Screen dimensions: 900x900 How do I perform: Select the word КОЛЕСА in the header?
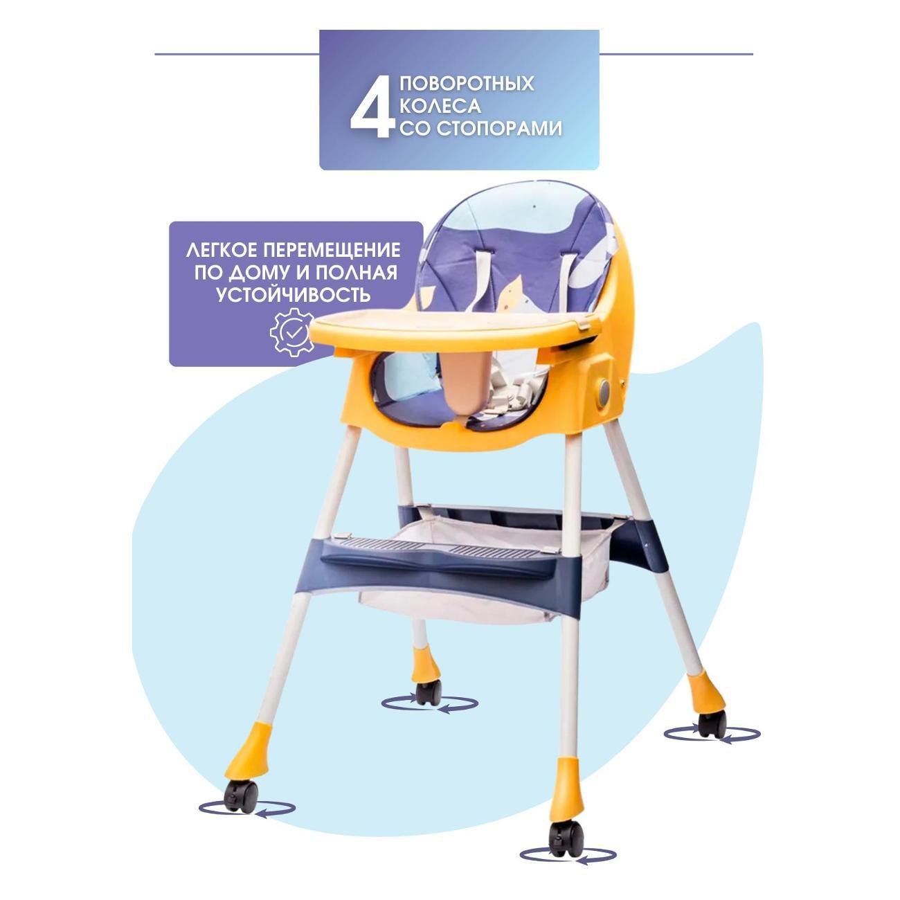pos(440,106)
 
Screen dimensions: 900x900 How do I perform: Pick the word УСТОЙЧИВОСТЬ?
pos(294,295)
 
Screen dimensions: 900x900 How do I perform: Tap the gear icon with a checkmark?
pos(292,332)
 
